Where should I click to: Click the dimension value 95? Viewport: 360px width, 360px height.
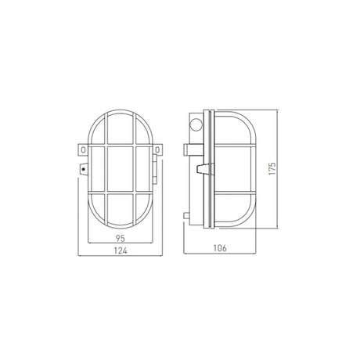coord(121,238)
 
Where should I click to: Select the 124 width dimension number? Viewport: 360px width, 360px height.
coord(121,250)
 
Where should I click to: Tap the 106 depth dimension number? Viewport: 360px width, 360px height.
coord(220,248)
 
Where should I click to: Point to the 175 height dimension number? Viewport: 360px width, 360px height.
coord(272,168)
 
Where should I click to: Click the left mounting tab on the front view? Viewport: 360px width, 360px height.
coord(83,150)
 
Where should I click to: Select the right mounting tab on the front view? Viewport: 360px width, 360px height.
coord(157,150)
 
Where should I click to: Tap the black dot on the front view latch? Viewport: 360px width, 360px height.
coord(84,170)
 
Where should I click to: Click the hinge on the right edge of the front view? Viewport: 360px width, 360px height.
coord(155,170)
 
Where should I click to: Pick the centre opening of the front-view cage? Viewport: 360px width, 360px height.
coord(121,169)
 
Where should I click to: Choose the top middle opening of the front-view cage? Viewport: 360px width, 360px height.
coord(121,128)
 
